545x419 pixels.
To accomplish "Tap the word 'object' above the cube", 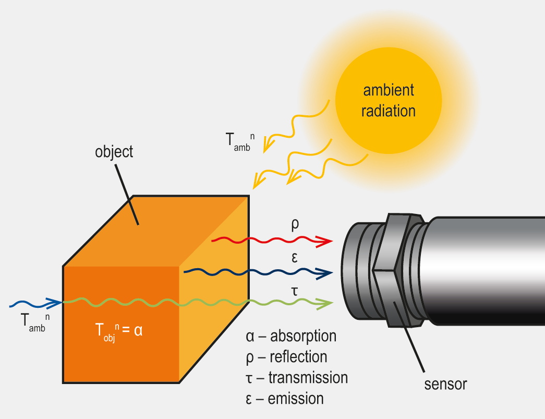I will click(114, 152).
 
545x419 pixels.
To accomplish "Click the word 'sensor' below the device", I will click(445, 385).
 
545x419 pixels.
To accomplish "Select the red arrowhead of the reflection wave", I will click(325, 241).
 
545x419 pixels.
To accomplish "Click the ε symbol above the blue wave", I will click(295, 258).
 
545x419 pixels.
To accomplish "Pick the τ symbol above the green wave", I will click(295, 290).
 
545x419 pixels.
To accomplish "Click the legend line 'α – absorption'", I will click(291, 336).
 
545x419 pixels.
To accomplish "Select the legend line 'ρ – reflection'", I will click(286, 356).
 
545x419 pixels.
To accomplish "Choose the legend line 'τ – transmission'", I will click(296, 377).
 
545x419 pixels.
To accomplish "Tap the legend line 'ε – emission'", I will click(285, 399).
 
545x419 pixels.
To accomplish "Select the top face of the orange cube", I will click(156, 230).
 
